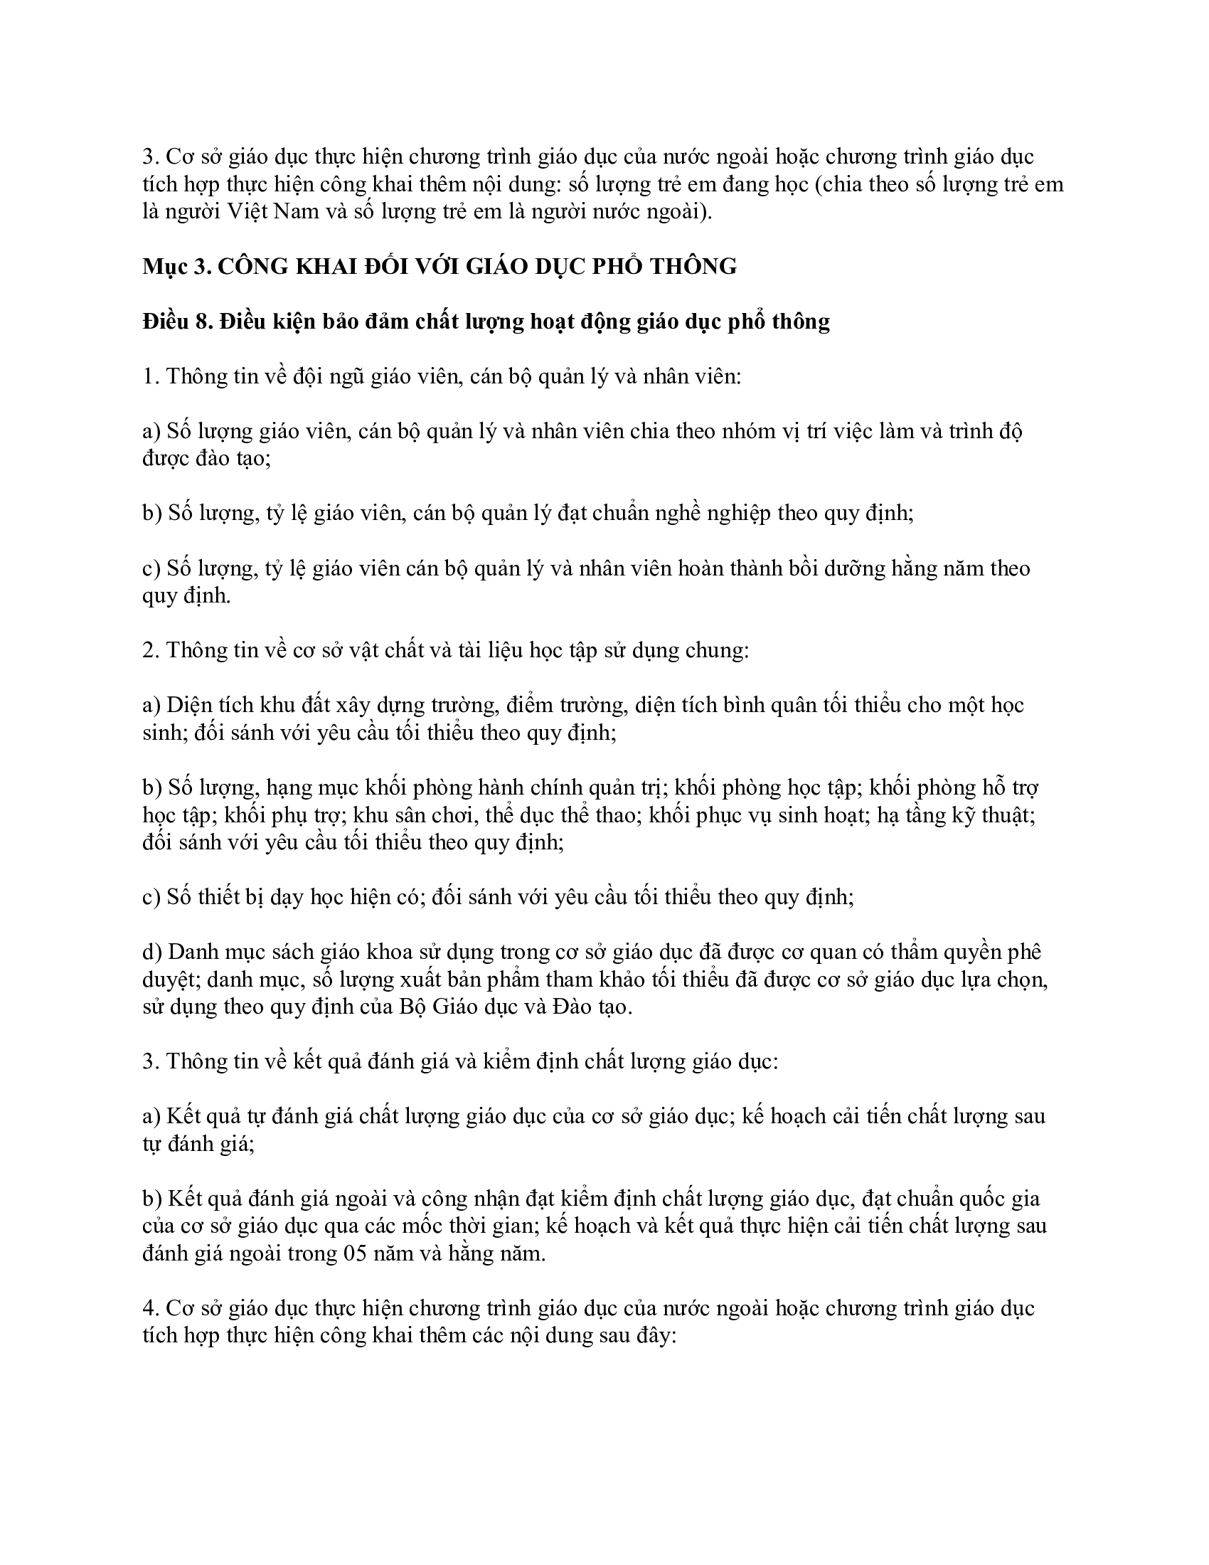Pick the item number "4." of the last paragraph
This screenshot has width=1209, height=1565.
[x=151, y=1309]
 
